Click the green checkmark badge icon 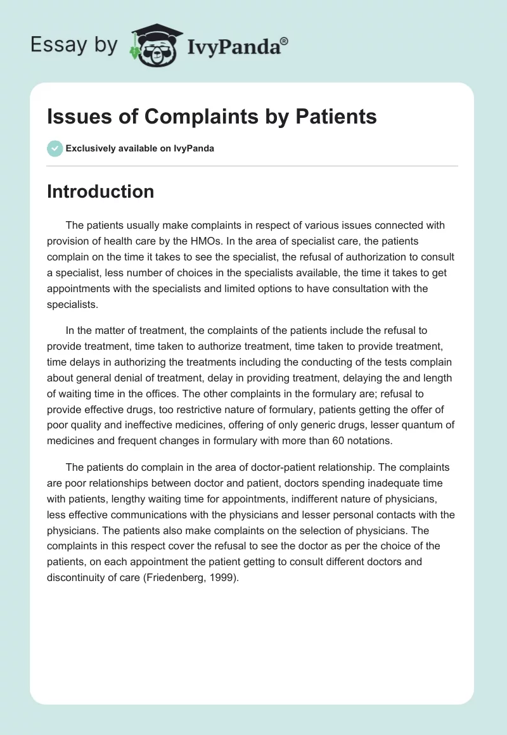click(55, 148)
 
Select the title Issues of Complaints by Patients click(212, 117)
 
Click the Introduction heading click(100, 191)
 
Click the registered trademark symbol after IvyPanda click(285, 40)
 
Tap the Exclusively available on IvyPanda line click(140, 149)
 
